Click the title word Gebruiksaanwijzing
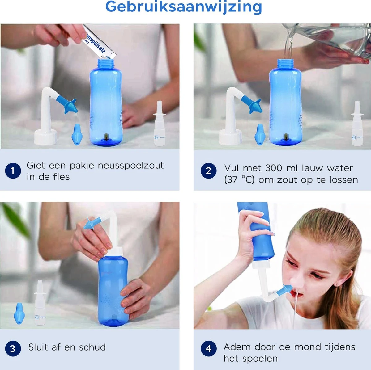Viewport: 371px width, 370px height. click(x=184, y=7)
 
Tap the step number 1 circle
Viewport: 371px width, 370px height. click(x=13, y=171)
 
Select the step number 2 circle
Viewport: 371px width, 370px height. click(x=208, y=171)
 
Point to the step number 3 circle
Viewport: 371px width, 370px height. click(x=13, y=349)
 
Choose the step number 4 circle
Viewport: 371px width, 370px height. click(x=208, y=349)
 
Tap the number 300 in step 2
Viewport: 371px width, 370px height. click(x=274, y=168)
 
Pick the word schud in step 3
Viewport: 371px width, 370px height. click(x=92, y=347)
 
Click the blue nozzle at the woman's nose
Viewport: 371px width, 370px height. click(x=284, y=290)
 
